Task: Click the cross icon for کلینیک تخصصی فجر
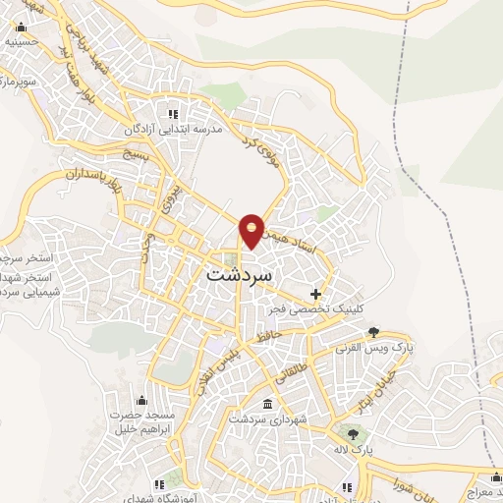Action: pyautogui.click(x=315, y=293)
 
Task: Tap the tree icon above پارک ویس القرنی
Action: pyautogui.click(x=372, y=333)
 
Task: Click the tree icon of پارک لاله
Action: pyautogui.click(x=352, y=431)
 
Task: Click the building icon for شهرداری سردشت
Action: pyautogui.click(x=268, y=404)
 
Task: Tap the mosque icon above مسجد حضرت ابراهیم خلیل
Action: pyautogui.click(x=141, y=400)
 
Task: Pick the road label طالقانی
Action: pyautogui.click(x=296, y=369)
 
